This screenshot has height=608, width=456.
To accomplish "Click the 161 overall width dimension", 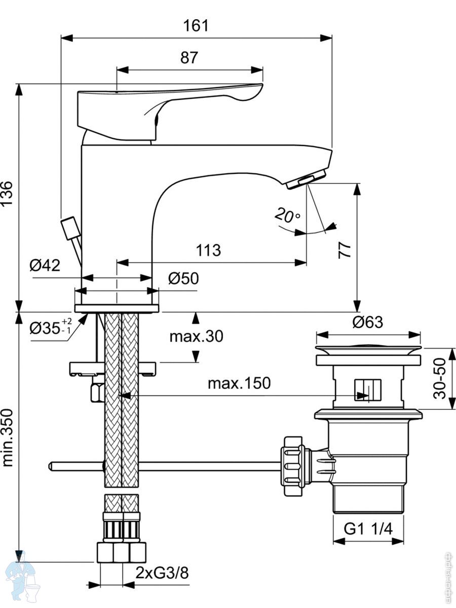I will point(196,25).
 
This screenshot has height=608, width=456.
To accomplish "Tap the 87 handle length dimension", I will point(189,58).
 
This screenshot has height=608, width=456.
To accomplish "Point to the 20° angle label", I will point(287,215).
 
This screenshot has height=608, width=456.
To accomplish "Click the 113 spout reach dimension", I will point(208,250).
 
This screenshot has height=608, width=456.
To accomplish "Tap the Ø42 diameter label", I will point(45,265).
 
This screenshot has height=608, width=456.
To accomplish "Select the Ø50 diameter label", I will point(183,278).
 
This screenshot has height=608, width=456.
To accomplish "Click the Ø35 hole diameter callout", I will point(51,327).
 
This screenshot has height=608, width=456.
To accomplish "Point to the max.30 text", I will point(196,336).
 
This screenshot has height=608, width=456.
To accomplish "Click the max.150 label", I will point(239,383).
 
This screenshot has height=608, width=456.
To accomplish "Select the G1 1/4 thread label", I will point(368,529).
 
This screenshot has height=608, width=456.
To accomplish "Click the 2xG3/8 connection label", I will point(162,573).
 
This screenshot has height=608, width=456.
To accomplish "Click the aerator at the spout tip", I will point(307,180).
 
